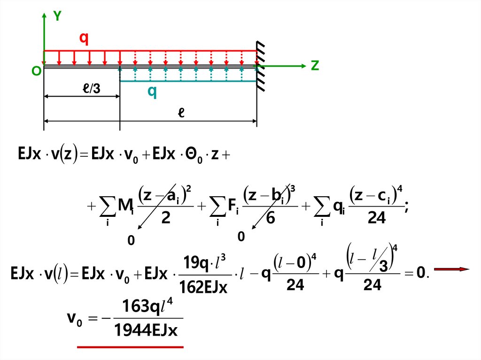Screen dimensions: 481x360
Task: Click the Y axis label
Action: (57, 16)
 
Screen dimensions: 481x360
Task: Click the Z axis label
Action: (315, 66)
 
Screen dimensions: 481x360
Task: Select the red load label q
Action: (84, 38)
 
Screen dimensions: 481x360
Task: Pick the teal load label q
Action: (152, 92)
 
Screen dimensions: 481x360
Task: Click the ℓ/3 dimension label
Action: (91, 89)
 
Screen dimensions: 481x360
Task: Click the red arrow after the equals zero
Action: (451, 269)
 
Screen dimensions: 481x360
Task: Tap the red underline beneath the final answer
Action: (130, 347)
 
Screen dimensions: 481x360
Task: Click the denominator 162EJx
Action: (204, 286)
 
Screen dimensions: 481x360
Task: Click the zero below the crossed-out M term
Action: (131, 241)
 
